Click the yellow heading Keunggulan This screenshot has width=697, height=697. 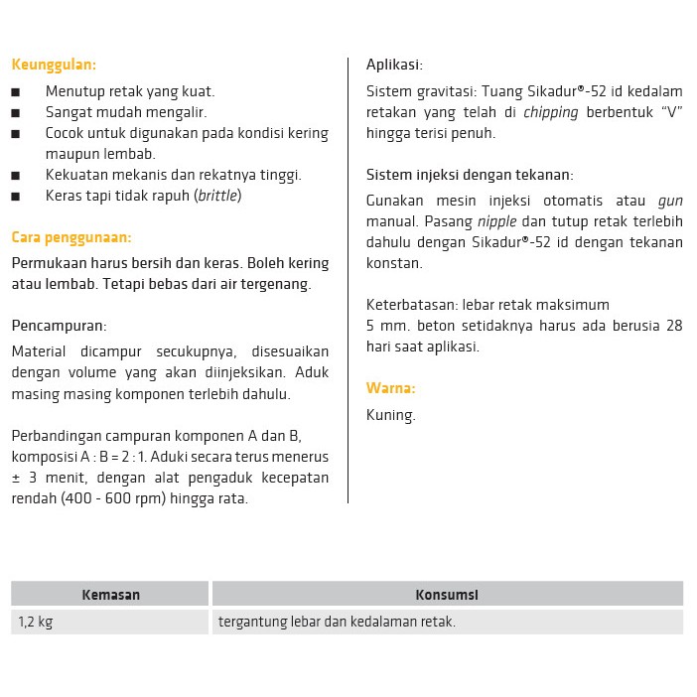pos(54,66)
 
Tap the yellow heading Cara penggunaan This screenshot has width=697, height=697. pos(70,237)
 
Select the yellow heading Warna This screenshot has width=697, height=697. pos(390,388)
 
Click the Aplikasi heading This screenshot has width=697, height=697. pos(394,66)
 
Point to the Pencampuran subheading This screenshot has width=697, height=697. pos(59,326)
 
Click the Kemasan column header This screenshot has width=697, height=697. pos(110,595)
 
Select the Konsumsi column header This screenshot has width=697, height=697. pos(447,595)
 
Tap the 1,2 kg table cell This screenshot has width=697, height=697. pos(35,623)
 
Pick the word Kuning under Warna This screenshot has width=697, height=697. pos(390,415)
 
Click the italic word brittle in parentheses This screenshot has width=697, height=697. pos(217,196)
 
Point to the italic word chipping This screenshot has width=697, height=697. pos(550,112)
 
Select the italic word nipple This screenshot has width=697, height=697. pos(497,221)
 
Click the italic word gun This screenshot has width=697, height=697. pos(670,201)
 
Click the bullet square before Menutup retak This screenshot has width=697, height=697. pos(16,92)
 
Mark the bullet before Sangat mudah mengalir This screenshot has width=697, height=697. pos(16,113)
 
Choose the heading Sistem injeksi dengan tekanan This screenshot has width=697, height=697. pos(470,175)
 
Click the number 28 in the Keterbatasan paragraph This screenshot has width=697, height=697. pos(673,326)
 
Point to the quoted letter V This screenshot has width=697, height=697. pos(672,112)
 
